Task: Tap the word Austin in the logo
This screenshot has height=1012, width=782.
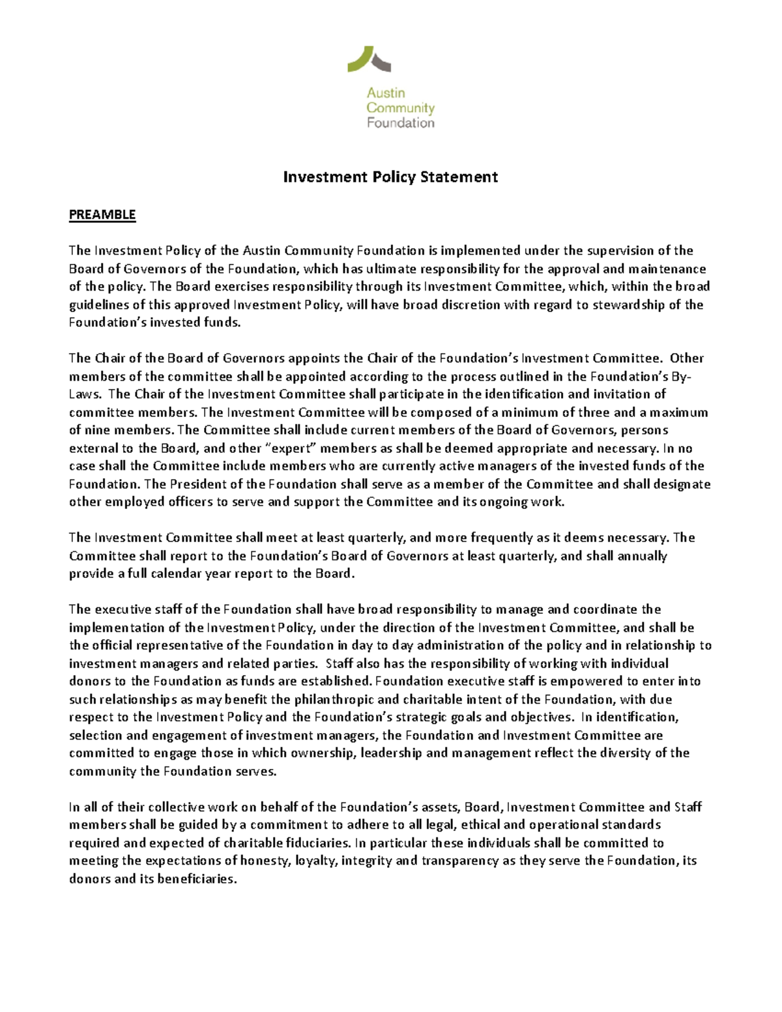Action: pos(385,93)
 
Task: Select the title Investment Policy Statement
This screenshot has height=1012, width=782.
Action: pos(390,177)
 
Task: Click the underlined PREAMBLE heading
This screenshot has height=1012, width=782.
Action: pos(102,215)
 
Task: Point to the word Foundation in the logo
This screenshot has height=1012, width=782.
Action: pos(400,123)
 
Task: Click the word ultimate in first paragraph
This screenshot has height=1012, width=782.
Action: pos(377,268)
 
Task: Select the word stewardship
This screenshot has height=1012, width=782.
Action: pos(629,304)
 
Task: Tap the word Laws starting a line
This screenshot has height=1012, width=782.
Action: pos(83,394)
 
